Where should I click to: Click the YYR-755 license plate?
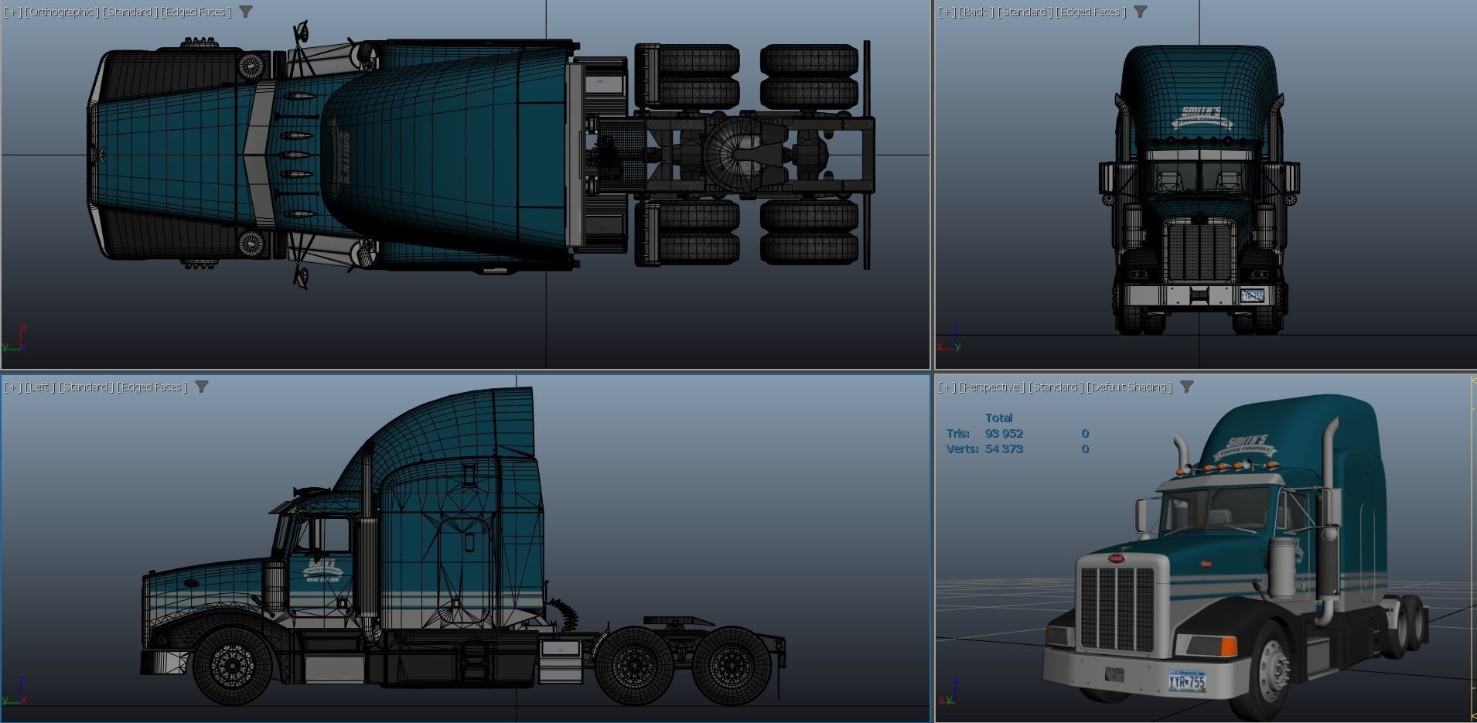pyautogui.click(x=1187, y=681)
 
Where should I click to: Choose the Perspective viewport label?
pyautogui.click(x=992, y=387)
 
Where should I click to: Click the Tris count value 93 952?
pyautogui.click(x=1004, y=434)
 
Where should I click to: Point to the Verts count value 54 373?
pyautogui.click(x=1004, y=449)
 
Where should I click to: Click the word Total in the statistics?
pyautogui.click(x=998, y=418)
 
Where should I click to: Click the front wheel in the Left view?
pyautogui.click(x=231, y=664)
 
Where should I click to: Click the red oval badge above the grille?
pyautogui.click(x=1116, y=558)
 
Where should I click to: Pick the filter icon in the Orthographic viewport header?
pyautogui.click(x=246, y=12)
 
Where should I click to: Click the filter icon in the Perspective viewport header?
pyautogui.click(x=1186, y=387)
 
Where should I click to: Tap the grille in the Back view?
pyautogui.click(x=1200, y=251)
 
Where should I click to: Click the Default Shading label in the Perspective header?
pyautogui.click(x=1130, y=387)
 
